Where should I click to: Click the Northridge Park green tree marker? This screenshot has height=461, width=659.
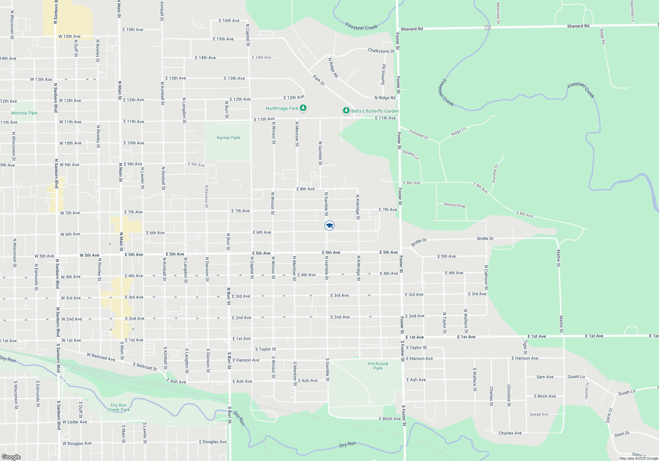pyautogui.click(x=303, y=108)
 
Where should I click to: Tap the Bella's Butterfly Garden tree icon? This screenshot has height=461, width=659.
pyautogui.click(x=346, y=111)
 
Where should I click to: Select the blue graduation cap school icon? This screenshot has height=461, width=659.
pyautogui.click(x=329, y=226)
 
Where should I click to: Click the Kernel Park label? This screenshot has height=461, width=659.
pyautogui.click(x=228, y=138)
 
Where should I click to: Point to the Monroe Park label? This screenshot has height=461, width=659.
pyautogui.click(x=24, y=113)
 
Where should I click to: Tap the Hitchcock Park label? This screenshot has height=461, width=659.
pyautogui.click(x=378, y=366)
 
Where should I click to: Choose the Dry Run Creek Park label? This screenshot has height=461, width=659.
pyautogui.click(x=119, y=407)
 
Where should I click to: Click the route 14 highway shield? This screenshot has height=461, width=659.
pyautogui.click(x=488, y=28)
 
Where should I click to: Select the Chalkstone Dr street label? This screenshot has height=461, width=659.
pyautogui.click(x=381, y=51)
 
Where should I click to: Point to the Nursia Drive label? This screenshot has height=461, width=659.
pyautogui.click(x=454, y=205)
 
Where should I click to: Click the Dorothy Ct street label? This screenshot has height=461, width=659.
pyautogui.click(x=495, y=174)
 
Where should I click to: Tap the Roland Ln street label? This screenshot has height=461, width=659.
pyautogui.click(x=411, y=155)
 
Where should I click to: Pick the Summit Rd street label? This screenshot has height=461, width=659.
pyautogui.click(x=384, y=75)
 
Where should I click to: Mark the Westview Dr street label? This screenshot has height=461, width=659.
pyautogui.click(x=498, y=13)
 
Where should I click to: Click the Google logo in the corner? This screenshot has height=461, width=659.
pyautogui.click(x=11, y=457)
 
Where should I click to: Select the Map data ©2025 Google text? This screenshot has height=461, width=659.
pyautogui.click(x=639, y=458)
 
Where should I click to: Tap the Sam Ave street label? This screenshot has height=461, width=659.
pyautogui.click(x=545, y=377)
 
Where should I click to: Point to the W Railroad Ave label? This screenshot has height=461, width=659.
pyautogui.click(x=101, y=357)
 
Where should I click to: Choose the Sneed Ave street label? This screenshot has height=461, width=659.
pyautogui.click(x=539, y=414)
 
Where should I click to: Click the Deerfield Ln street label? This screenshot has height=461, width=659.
pyautogui.click(x=632, y=11)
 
